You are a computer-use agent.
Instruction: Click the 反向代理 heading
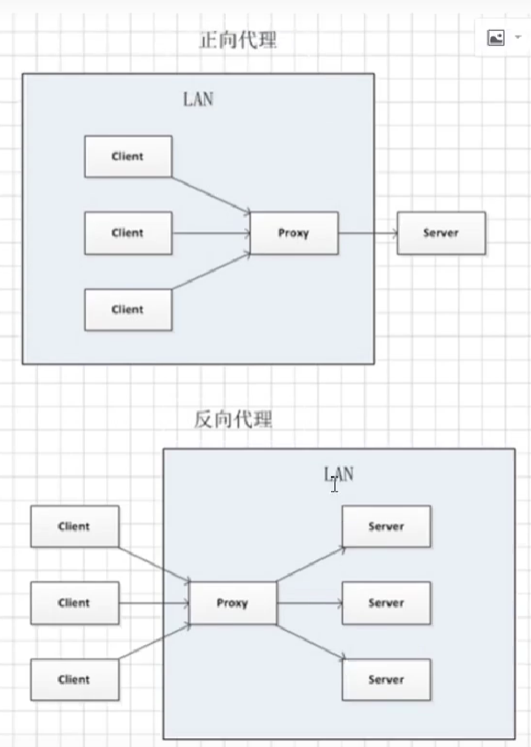[x=233, y=419]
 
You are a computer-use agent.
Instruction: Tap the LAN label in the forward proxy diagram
[x=197, y=99]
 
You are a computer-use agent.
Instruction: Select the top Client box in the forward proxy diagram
[x=127, y=157]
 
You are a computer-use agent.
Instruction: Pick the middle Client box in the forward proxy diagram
[x=127, y=233]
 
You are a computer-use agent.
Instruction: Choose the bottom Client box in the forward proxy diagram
[x=127, y=309]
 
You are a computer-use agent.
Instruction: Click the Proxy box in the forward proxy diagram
[x=294, y=233]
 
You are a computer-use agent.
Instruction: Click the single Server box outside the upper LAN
[x=441, y=233]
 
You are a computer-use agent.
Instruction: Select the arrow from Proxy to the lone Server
[x=367, y=233]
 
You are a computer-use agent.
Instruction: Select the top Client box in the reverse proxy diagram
[x=74, y=526]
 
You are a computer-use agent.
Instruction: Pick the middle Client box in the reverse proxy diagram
[x=74, y=603]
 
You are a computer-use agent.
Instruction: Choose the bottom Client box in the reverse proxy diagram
[x=74, y=680]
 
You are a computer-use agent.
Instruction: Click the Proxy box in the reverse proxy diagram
[x=233, y=603]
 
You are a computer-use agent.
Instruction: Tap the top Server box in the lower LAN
[x=386, y=526]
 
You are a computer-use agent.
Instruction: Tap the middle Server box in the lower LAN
[x=386, y=603]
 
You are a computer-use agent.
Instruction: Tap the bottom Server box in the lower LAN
[x=386, y=680]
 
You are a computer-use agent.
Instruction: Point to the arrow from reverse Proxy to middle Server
[x=309, y=603]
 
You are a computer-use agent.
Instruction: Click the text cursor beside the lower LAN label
[x=335, y=485]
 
